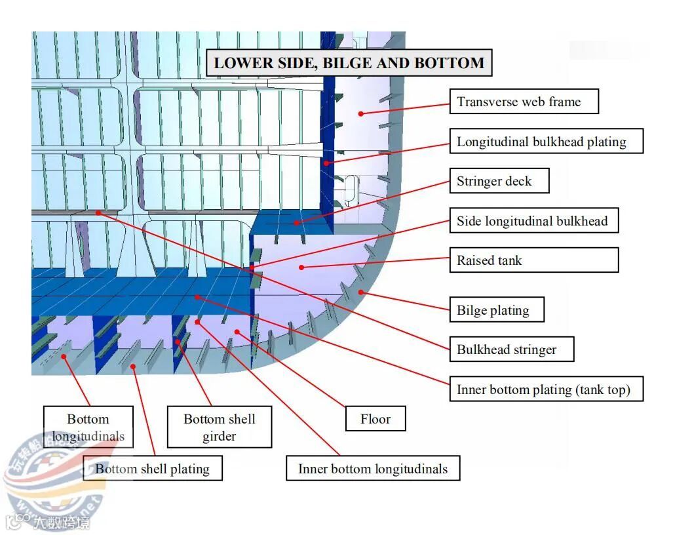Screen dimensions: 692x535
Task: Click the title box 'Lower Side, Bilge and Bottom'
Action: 349,63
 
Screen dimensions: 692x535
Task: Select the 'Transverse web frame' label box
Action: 524,102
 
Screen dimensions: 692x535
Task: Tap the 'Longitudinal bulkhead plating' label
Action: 546,142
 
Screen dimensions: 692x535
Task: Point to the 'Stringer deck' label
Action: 499,181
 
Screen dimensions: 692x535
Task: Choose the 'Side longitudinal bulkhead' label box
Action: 533,221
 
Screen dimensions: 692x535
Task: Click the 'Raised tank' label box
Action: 533,260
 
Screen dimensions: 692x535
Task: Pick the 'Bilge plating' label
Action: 497,310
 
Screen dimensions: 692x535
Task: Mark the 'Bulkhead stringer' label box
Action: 511,349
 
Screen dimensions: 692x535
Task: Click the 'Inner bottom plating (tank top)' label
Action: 546,389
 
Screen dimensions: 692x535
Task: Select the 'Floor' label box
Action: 375,419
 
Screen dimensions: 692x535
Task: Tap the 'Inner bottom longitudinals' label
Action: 373,469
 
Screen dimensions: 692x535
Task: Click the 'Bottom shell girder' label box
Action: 219,427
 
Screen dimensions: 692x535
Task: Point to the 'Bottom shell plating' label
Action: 153,469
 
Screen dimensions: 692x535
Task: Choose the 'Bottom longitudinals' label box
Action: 88,427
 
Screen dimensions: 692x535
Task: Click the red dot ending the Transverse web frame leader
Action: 360,113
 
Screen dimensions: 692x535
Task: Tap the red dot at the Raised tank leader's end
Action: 301,266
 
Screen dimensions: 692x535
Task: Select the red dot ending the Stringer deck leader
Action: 296,223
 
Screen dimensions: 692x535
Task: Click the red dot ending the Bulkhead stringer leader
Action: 98,212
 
